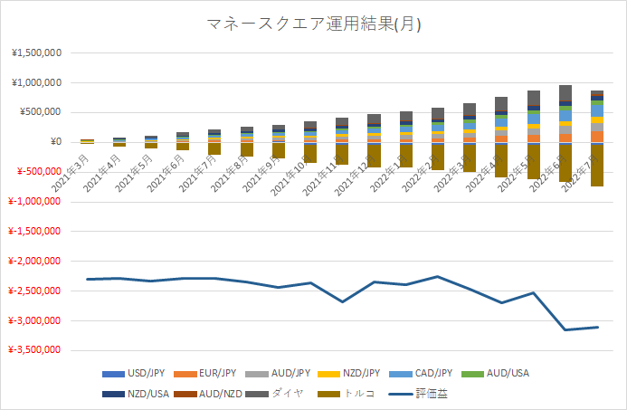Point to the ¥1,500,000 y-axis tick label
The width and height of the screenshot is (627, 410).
(x=36, y=52)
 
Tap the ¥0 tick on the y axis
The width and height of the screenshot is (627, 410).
(x=54, y=142)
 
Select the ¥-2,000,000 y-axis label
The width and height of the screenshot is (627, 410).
(x=34, y=261)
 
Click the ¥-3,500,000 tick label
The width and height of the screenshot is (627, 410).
(x=34, y=349)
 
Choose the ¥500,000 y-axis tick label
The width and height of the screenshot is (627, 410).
(x=40, y=112)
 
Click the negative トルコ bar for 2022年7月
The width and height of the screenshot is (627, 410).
(x=597, y=165)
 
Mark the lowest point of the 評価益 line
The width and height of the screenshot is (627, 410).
(x=565, y=329)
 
